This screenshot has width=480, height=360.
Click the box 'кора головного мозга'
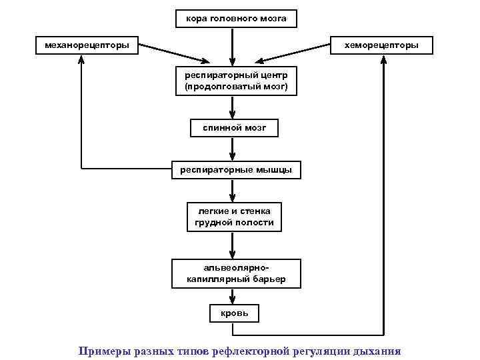click(236, 19)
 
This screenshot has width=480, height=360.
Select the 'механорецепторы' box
click(87, 45)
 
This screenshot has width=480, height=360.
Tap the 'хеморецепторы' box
click(381, 45)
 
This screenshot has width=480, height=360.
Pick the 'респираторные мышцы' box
click(236, 170)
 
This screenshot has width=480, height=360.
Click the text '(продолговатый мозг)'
click(236, 87)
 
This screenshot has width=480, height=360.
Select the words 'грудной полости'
click(234, 223)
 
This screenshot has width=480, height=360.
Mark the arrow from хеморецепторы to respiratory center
click(293, 53)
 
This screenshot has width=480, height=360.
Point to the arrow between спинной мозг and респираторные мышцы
click(233, 149)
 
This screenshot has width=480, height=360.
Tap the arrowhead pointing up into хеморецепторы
click(384, 60)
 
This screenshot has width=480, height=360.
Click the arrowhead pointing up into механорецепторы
click(82, 60)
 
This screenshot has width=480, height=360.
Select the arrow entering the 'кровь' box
click(233, 297)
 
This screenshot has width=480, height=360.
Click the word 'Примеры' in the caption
click(101, 350)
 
